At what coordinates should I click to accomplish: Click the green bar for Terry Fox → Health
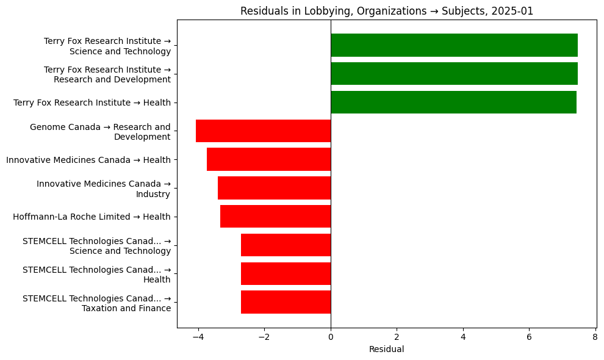point(453,103)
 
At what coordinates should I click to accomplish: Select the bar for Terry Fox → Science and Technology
point(454,45)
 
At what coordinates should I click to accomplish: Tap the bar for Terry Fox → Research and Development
point(454,74)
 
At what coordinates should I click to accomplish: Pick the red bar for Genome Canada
point(263,131)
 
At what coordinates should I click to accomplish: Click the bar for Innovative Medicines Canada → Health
point(268,159)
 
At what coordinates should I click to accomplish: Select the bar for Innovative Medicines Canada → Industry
point(274,188)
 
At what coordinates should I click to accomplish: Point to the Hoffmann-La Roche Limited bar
point(275,217)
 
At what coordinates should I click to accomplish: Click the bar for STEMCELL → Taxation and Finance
point(286,302)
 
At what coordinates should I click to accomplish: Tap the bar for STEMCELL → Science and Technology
point(286,245)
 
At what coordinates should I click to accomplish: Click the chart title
point(386,11)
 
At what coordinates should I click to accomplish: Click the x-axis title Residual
point(386,350)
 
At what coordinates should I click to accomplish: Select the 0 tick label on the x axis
point(331,336)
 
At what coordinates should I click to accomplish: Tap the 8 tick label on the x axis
point(595,336)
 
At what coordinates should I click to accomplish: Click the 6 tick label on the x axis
point(529,336)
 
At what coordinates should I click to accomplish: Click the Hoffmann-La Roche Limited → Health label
point(92,217)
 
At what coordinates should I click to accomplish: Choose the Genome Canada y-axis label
point(100,132)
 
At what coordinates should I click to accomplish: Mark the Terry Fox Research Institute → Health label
point(92,103)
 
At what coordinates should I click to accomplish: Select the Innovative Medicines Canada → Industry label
point(103,189)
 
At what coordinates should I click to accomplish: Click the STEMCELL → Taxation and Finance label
point(96,303)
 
